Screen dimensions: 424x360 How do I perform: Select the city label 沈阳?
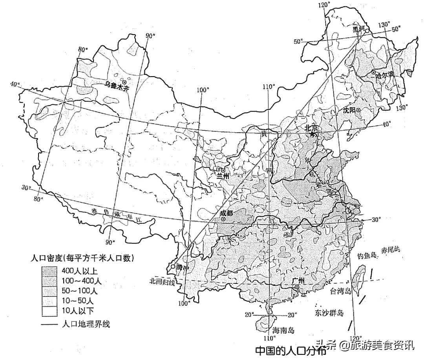click(x=349, y=110)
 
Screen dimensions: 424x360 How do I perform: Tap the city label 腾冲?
click(x=183, y=267)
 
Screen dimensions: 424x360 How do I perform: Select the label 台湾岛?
click(x=340, y=291)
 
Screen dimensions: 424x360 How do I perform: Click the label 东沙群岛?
click(x=329, y=313)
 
